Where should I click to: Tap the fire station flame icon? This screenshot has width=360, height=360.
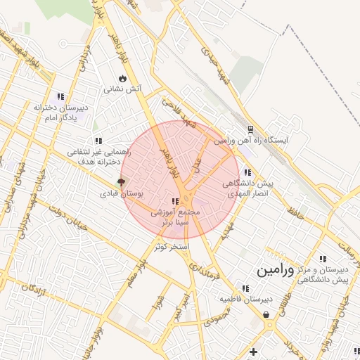pos(123,78)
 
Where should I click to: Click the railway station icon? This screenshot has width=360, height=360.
pos(250,129)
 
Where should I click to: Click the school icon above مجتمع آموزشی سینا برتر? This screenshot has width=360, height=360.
pos(174,201)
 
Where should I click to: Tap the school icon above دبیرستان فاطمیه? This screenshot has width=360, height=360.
pos(245,288)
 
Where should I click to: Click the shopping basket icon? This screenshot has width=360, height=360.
pos(267,315)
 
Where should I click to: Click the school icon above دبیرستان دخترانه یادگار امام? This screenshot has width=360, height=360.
pos(60,96)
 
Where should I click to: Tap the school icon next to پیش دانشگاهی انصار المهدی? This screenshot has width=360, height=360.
pos(246,172)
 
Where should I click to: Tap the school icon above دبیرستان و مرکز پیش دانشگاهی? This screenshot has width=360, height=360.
pos(323,259)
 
